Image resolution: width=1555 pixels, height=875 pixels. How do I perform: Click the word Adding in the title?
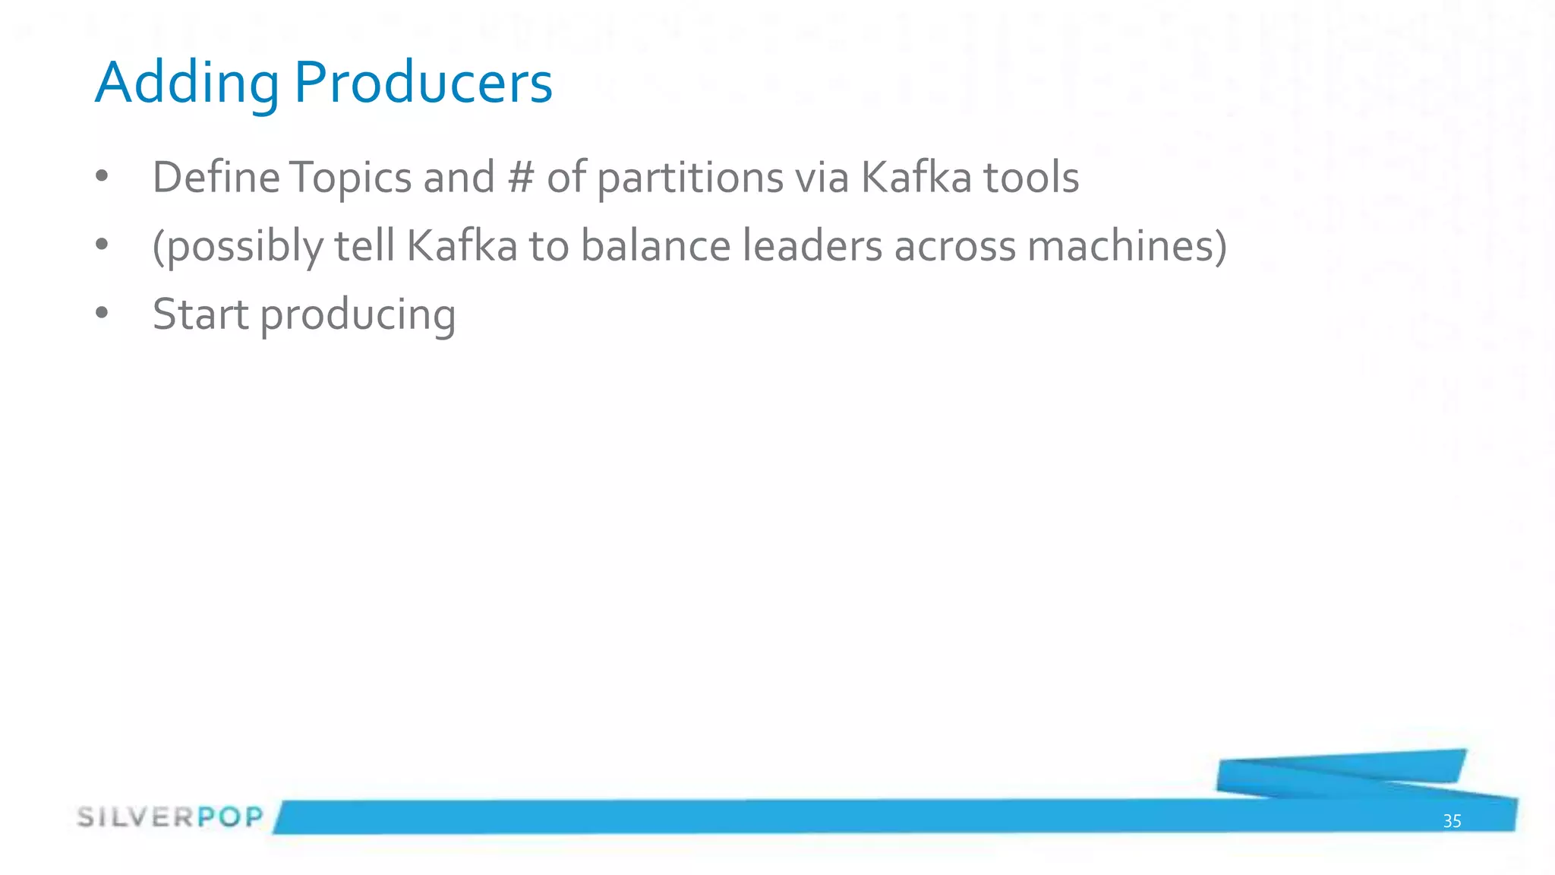click(187, 84)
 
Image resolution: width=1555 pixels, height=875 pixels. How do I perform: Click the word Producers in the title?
click(423, 84)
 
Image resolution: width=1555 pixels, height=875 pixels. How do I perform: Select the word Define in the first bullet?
click(216, 178)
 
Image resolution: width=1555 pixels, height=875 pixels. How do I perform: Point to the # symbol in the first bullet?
click(521, 178)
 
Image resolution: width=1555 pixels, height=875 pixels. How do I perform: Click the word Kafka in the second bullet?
click(462, 246)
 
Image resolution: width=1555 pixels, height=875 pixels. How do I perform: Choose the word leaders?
click(812, 246)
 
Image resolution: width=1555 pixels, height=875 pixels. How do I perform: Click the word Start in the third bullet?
click(200, 314)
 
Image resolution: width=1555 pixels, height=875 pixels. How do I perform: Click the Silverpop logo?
click(170, 817)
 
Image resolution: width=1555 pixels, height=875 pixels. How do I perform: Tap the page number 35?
click(1452, 821)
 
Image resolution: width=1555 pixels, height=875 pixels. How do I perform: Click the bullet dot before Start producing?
click(103, 313)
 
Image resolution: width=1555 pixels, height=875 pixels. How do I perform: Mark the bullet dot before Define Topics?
click(103, 176)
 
